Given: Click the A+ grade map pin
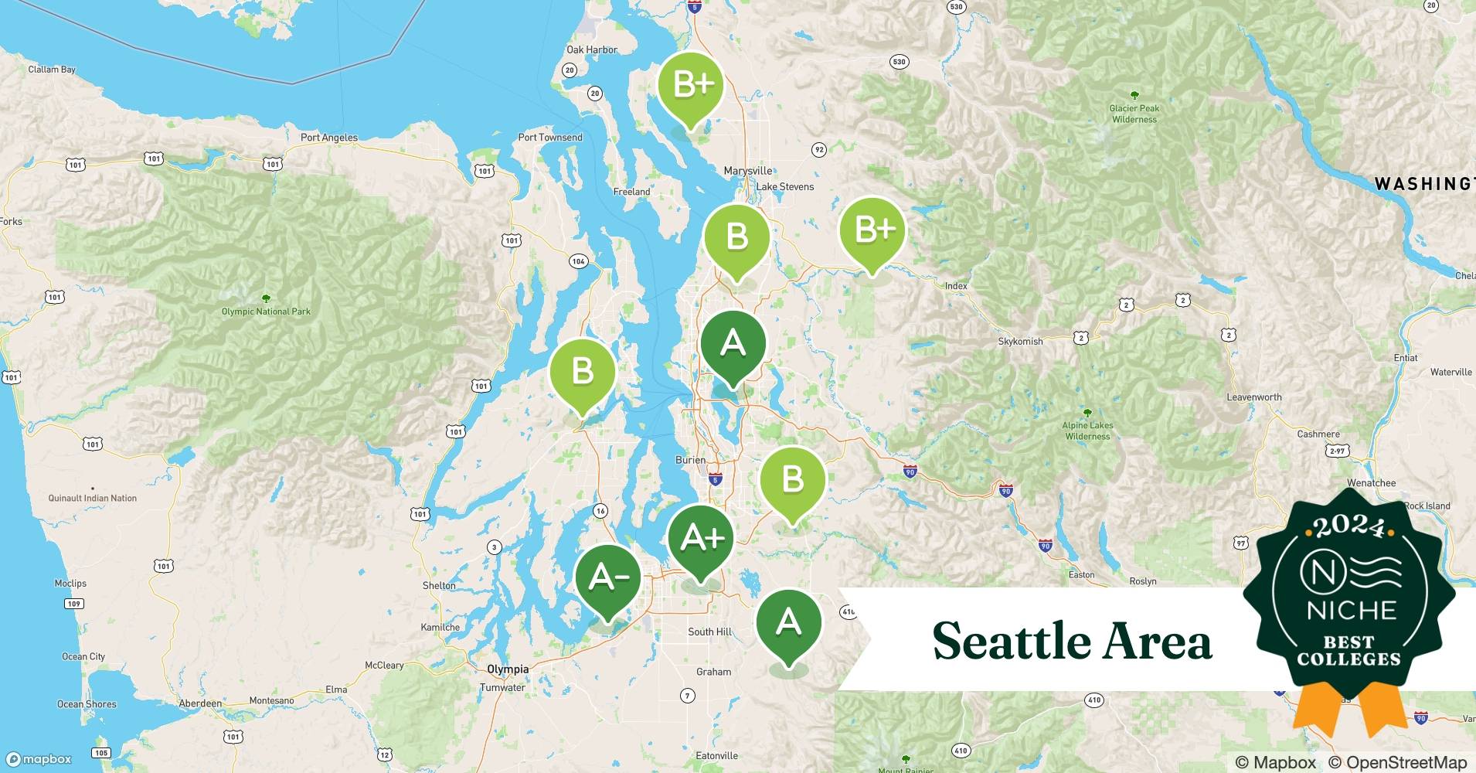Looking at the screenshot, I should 700,538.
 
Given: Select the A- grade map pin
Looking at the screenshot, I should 608,577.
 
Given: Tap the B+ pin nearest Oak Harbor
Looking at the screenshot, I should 690,85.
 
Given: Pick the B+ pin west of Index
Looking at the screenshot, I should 872,230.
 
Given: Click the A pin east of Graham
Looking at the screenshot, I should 788,622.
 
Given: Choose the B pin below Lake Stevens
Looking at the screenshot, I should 736,237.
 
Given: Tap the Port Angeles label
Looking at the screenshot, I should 328,138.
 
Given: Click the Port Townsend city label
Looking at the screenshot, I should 550,138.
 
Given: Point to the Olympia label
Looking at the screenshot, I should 508,669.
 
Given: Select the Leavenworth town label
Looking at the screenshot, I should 1253,397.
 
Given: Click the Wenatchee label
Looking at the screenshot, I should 1371,483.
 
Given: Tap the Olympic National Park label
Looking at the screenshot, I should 266,312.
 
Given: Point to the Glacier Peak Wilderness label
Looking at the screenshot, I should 1134,114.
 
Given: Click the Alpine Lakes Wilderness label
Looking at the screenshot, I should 1087,431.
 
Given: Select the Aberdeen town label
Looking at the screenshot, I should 200,703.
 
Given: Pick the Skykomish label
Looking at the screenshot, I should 1020,341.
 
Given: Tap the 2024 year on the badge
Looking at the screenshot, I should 1348,526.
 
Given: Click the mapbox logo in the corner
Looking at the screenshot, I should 39,759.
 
